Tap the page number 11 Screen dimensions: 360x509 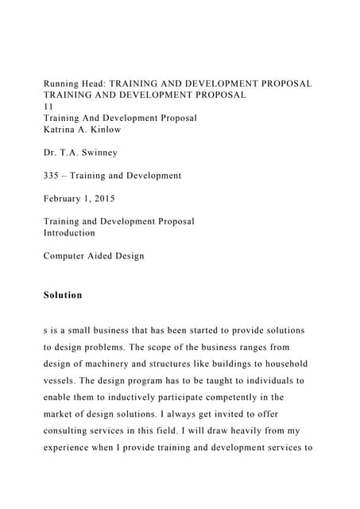[x=48, y=106]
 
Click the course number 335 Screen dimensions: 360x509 [x=52, y=176]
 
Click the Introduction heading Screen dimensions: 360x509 [x=69, y=233]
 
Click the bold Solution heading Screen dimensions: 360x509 [x=63, y=295]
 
